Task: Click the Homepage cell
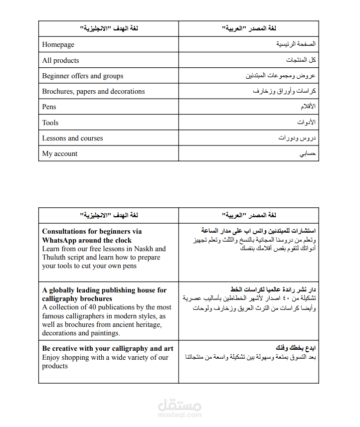tap(58, 45)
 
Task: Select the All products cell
tap(60, 60)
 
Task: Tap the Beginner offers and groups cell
tap(83, 76)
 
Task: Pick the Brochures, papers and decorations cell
tap(93, 92)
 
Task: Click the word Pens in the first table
tap(49, 107)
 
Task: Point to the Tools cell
tap(50, 123)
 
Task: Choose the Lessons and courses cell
tap(72, 139)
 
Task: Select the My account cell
tap(60, 154)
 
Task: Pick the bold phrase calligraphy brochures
tap(77, 299)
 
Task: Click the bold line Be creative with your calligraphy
tap(108, 349)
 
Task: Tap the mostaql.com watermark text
tap(180, 415)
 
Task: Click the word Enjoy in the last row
tap(52, 357)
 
